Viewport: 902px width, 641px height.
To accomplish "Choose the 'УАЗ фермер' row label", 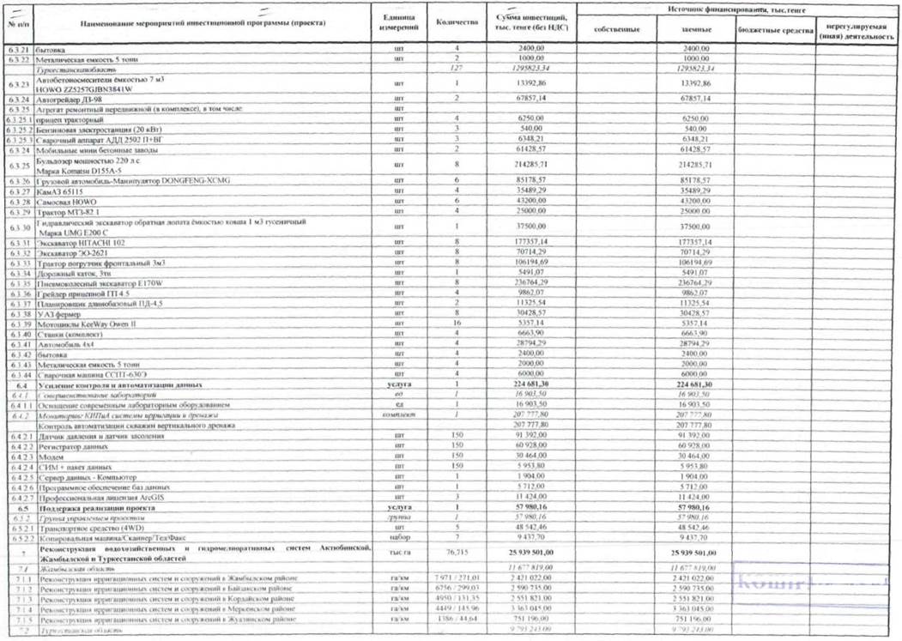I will tap(61, 313).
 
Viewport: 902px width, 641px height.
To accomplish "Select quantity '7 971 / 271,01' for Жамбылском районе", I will tap(456, 579).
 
